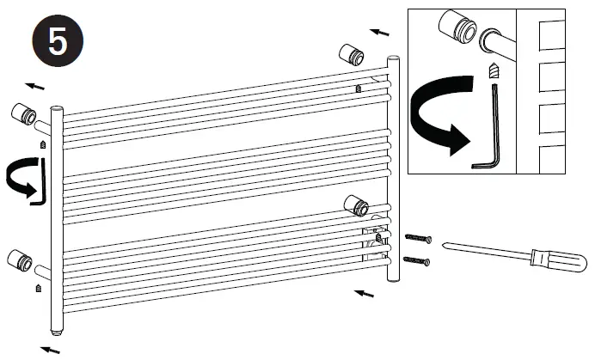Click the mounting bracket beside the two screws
(x=356, y=204)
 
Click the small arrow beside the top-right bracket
(x=379, y=33)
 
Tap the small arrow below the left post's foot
(x=52, y=349)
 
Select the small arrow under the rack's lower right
(x=365, y=294)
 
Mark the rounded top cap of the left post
(x=57, y=109)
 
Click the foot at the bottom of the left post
(x=56, y=331)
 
